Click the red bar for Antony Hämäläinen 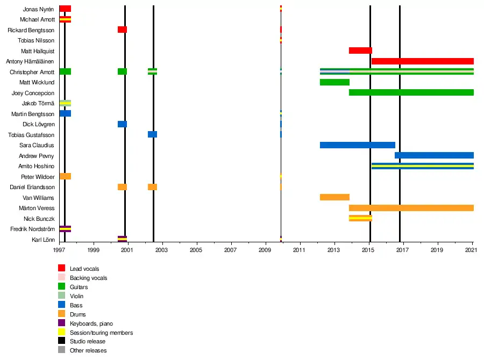tap(422, 61)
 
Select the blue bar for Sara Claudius tap(357, 145)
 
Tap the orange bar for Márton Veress tap(411, 208)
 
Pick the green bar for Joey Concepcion tap(411, 92)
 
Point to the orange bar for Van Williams tap(334, 197)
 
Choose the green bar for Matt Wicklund tap(334, 82)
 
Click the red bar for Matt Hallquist tap(360, 51)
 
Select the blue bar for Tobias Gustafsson tap(152, 134)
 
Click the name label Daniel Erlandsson tap(32, 187)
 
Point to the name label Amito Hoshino tap(37, 166)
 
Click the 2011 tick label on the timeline tap(300, 250)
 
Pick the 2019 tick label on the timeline tap(437, 250)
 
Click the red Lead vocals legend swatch tap(62, 268)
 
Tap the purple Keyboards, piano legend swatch tap(62, 323)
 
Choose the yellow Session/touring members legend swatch tap(62, 332)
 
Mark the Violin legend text tap(77, 296)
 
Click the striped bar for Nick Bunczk tap(360, 218)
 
